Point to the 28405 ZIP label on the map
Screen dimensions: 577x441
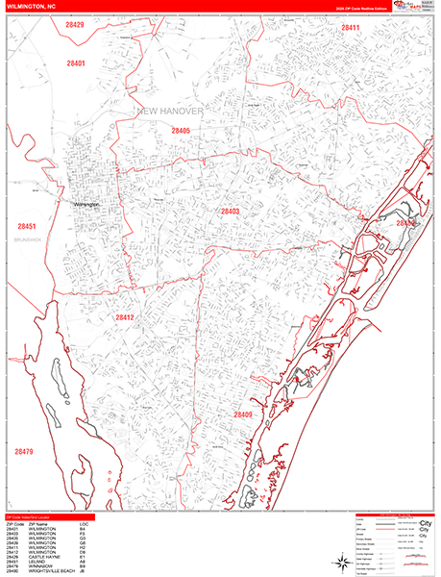pos(181,130)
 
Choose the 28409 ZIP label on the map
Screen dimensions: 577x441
pos(242,415)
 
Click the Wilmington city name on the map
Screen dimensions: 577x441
pos(86,204)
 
